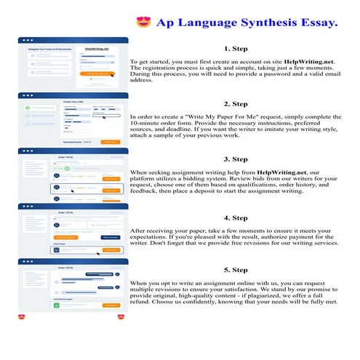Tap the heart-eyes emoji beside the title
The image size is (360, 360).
pyautogui.click(x=143, y=23)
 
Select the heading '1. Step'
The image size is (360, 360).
pyautogui.click(x=236, y=49)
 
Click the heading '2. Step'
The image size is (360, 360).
pyautogui.click(x=236, y=103)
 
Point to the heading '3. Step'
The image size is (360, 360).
pyautogui.click(x=236, y=159)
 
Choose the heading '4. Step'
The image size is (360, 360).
pyautogui.click(x=236, y=217)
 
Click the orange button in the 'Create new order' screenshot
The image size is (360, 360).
pyautogui.click(x=111, y=142)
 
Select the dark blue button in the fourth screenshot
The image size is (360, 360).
pyautogui.click(x=110, y=237)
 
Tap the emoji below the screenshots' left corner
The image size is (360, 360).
pyautogui.click(x=23, y=318)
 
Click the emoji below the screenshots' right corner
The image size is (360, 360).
pyautogui.click(x=120, y=318)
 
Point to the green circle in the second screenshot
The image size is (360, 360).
pyautogui.click(x=28, y=107)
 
